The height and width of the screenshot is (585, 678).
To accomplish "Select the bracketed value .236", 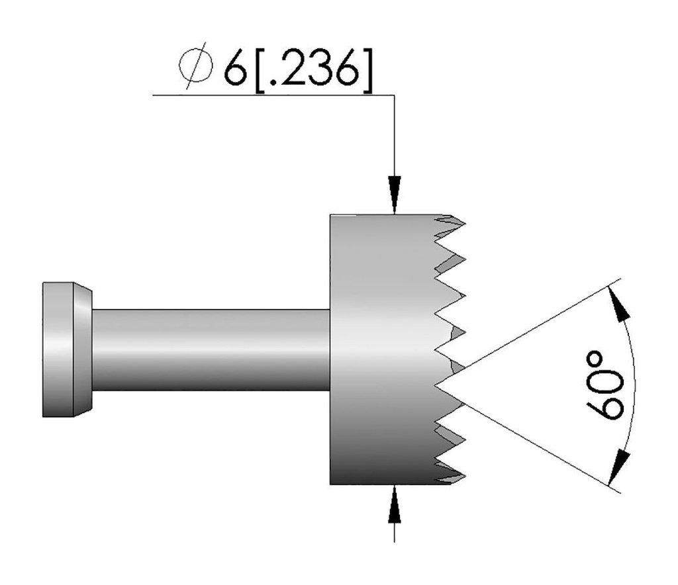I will [x=314, y=68].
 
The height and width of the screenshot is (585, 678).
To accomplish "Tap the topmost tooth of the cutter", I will [x=457, y=220].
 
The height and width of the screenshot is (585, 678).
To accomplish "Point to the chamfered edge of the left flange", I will [x=83, y=349].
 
